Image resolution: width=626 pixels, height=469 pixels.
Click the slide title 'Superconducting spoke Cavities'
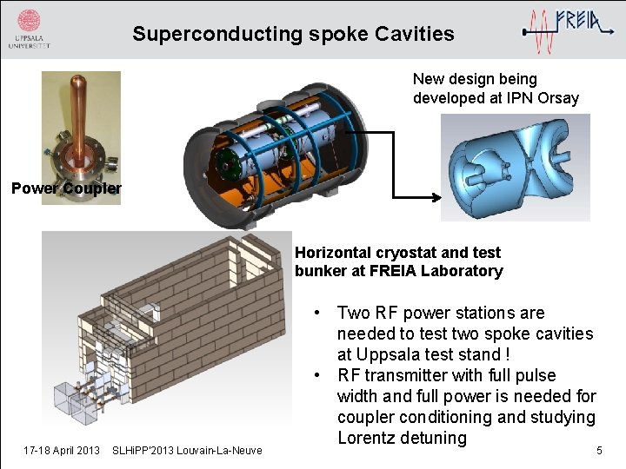pyautogui.click(x=293, y=34)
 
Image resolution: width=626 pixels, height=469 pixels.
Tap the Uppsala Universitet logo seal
pyautogui.click(x=29, y=22)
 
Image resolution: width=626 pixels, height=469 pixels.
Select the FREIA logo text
pyautogui.click(x=583, y=20)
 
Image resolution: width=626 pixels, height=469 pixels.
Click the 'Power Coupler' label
pyautogui.click(x=66, y=188)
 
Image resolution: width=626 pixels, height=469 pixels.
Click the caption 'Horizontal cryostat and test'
pyautogui.click(x=397, y=253)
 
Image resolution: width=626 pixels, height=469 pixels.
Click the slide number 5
pyautogui.click(x=598, y=450)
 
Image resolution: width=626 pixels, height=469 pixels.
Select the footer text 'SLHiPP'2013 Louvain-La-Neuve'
pyautogui.click(x=187, y=450)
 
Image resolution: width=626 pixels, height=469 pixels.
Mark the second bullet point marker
pyautogui.click(x=321, y=376)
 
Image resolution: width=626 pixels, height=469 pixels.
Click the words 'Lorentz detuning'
pyautogui.click(x=402, y=438)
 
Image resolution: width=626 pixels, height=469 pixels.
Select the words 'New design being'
pyautogui.click(x=475, y=79)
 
